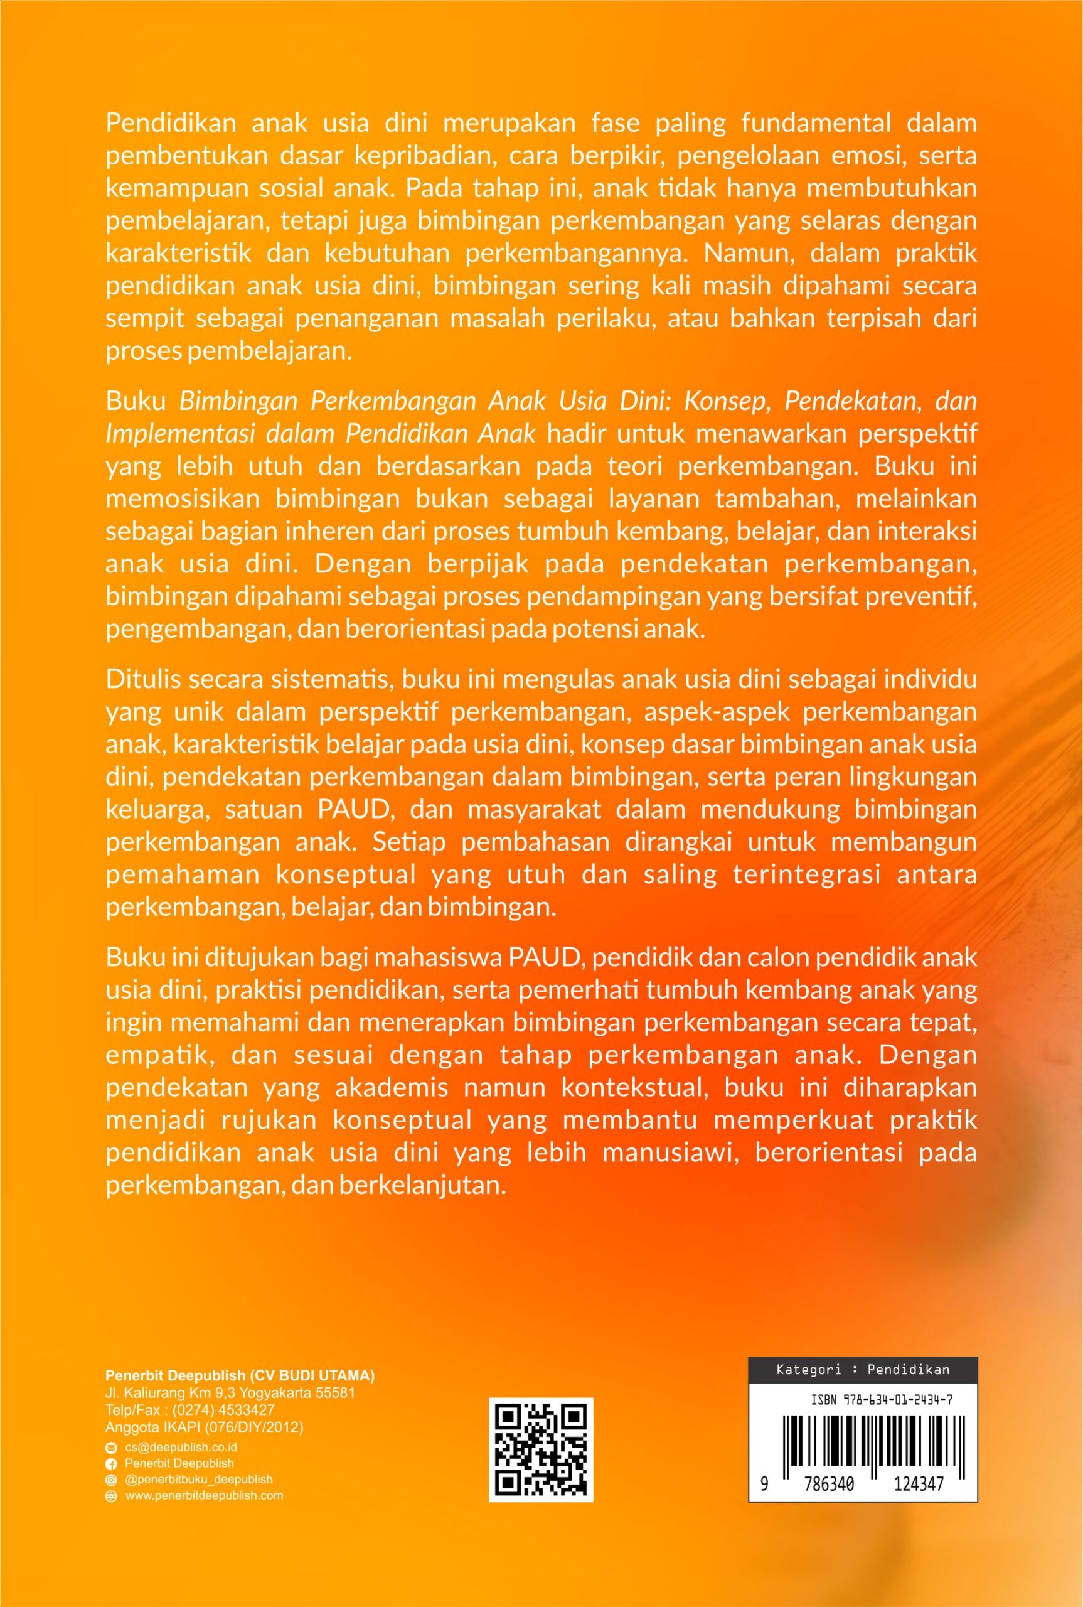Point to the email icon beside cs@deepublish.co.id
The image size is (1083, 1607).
(x=110, y=1448)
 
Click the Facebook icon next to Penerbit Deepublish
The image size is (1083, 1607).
(x=110, y=1463)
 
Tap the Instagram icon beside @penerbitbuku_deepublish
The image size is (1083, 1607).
(x=110, y=1480)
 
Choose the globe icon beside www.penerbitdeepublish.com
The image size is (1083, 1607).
(x=110, y=1496)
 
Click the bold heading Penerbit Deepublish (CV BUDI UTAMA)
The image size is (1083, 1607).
(x=240, y=1375)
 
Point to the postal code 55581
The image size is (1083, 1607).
(x=335, y=1393)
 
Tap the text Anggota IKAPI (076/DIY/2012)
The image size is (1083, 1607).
(x=205, y=1427)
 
